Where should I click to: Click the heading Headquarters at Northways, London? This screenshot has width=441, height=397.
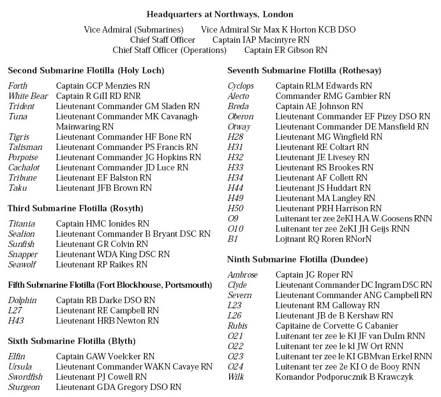click(x=220, y=13)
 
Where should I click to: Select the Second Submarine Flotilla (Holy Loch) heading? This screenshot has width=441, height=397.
click(x=86, y=70)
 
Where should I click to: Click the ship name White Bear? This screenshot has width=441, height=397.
click(x=24, y=96)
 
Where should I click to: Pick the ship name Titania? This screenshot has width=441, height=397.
click(x=22, y=223)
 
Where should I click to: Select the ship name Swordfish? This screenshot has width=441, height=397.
click(x=26, y=377)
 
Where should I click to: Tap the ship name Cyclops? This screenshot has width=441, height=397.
click(x=241, y=86)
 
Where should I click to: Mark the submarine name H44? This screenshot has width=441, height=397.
click(x=235, y=188)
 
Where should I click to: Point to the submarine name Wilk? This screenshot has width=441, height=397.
click(x=237, y=377)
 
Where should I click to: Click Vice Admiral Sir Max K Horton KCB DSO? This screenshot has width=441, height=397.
click(x=278, y=29)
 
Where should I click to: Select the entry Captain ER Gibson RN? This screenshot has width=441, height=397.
click(x=286, y=50)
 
